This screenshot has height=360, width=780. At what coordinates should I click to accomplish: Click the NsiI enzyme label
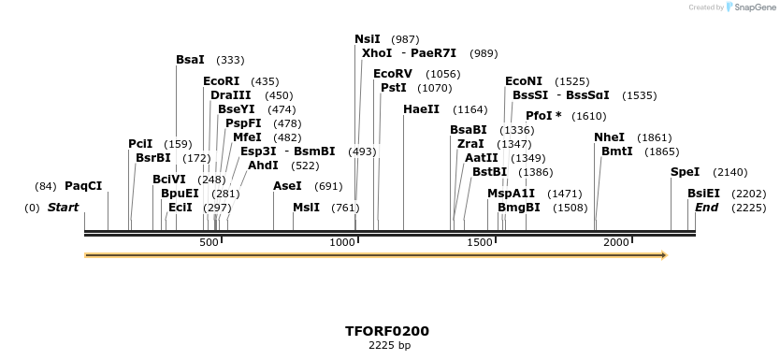point(368,39)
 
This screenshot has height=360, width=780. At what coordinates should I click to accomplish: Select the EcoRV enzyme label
point(392,74)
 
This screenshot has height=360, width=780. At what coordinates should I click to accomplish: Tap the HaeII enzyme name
point(421,109)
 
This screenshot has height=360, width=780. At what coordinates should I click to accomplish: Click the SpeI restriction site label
point(685,172)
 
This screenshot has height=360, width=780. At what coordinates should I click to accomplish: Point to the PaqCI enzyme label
point(83,186)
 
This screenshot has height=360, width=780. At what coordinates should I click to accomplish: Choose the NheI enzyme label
point(609,137)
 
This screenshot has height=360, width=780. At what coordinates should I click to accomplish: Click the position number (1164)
point(469,109)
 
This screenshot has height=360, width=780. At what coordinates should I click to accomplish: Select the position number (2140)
point(729,172)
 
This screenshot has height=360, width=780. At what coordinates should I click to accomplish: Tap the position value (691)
point(328,186)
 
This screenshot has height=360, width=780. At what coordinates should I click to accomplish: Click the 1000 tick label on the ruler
point(344,243)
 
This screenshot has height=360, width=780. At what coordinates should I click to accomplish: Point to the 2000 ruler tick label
point(616,243)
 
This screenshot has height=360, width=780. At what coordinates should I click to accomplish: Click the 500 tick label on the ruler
point(209,243)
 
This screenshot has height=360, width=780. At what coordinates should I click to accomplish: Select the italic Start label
point(63,207)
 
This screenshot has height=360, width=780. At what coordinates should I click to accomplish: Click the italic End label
point(706,207)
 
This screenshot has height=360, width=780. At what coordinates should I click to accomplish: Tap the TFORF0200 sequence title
point(387,331)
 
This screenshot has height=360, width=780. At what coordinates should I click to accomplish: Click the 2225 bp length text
point(387,346)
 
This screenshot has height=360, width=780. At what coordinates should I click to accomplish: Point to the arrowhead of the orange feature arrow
point(663,254)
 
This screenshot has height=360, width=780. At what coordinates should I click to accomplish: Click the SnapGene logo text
point(758,7)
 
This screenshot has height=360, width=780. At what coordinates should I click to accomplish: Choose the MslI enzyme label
point(306,207)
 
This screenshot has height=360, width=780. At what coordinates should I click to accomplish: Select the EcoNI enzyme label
point(523,81)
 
